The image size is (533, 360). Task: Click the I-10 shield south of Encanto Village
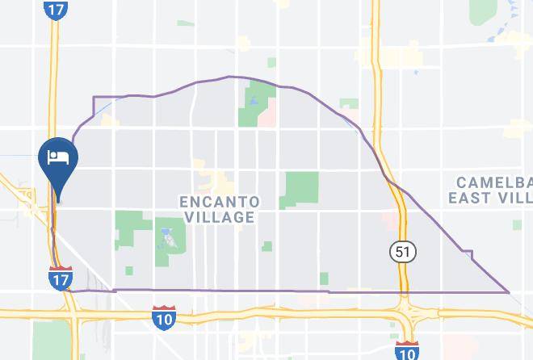164,316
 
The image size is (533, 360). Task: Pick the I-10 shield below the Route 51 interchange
407,350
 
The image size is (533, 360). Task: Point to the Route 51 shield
403,253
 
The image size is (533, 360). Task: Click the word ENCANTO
220,201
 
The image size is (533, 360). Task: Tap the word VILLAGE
220,216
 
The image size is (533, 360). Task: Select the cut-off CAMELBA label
493,182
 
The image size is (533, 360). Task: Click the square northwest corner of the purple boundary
94,98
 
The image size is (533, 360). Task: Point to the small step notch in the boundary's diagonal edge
468,253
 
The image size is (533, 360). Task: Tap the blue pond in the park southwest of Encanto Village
167,237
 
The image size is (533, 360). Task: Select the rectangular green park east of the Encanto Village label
302,187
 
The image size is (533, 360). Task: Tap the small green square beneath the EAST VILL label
517,226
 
